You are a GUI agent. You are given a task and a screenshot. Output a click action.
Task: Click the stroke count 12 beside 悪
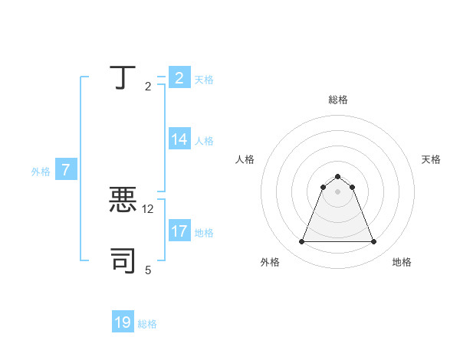[148, 208]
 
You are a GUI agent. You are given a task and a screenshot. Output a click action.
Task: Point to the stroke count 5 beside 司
[148, 270]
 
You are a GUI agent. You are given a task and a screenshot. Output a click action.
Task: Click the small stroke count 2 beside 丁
[148, 87]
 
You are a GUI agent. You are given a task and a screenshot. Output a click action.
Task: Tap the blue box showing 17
[179, 231]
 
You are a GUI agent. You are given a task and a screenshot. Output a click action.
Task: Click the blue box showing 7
[66, 170]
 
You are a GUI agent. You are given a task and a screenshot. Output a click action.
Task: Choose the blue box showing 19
[123, 322]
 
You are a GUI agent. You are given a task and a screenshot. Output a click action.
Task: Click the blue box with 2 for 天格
[179, 78]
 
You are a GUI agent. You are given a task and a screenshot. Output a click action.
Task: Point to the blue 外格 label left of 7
[41, 172]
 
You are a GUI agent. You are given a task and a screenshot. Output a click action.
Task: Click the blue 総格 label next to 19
[147, 324]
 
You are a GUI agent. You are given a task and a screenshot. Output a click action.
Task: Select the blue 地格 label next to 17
[204, 232]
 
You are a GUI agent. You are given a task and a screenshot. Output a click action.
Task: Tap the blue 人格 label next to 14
[204, 140]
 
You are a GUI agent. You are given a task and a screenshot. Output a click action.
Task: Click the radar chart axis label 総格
[337, 100]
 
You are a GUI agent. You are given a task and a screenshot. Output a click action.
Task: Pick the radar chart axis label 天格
[431, 159]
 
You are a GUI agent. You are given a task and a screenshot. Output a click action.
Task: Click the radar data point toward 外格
[302, 242]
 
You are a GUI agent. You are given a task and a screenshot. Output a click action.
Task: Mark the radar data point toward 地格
[373, 242]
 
